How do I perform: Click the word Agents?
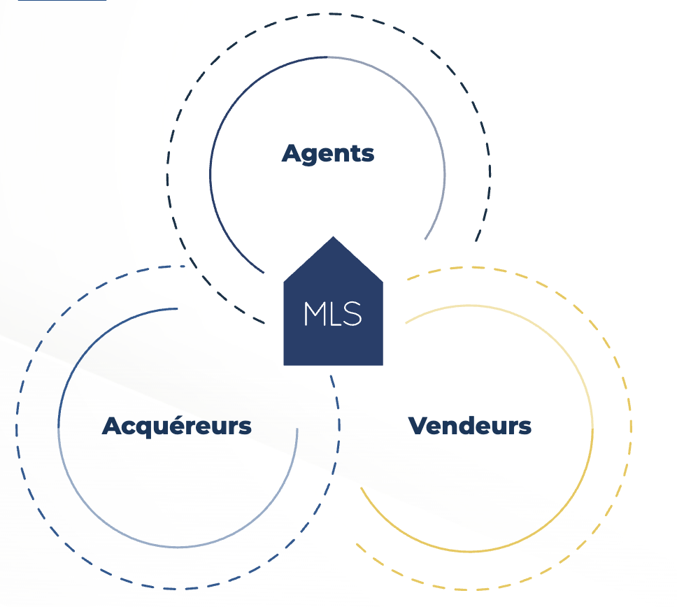point(328,153)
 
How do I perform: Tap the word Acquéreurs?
point(176,425)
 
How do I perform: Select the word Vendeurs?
point(469,425)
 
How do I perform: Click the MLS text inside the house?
point(333,315)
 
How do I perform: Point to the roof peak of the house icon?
point(333,238)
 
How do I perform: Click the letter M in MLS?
point(313,315)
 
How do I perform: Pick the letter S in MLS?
point(353,315)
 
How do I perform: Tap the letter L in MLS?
point(334,315)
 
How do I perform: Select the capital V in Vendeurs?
point(418,425)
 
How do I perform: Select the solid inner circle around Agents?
point(211,175)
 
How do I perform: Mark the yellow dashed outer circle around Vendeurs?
point(632,427)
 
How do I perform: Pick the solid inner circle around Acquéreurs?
point(59,427)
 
